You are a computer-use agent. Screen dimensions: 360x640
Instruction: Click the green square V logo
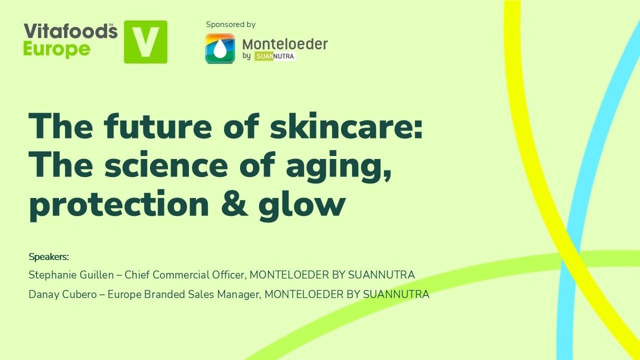coord(145,42)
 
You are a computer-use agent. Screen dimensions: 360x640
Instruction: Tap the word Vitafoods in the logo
coord(70,31)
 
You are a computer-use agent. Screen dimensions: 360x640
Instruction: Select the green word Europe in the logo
coord(57,49)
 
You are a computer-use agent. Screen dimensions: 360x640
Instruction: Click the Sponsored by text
coord(230,24)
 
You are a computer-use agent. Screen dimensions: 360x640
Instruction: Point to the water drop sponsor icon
coord(220,48)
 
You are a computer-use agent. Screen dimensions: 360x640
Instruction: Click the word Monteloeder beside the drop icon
coord(285,44)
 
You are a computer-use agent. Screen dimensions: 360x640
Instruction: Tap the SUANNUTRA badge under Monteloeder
coord(274,56)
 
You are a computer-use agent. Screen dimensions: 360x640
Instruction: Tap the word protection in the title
coord(119,205)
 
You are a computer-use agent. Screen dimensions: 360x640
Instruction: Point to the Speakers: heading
coord(48,257)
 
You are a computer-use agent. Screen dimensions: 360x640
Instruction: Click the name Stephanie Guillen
coord(71,275)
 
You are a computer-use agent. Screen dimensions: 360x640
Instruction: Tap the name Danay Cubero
coord(64,294)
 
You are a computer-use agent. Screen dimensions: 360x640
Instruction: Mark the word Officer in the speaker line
coord(227,275)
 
